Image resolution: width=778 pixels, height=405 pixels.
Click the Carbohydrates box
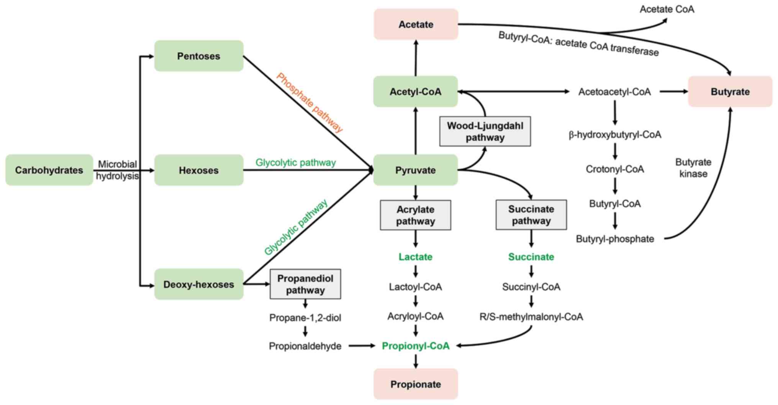(49, 170)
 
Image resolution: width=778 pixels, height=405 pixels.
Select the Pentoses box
(198, 56)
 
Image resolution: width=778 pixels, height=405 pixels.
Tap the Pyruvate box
(415, 170)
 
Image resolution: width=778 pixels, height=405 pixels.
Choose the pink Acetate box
(416, 25)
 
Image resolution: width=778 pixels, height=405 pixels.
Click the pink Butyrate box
(730, 92)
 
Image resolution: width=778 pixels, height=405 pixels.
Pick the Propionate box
(416, 384)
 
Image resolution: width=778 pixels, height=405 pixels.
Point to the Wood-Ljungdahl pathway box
(485, 132)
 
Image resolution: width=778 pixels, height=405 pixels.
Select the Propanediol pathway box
(305, 284)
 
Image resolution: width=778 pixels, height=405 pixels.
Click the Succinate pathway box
(531, 215)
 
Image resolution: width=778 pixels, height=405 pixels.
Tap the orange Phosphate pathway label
(310, 102)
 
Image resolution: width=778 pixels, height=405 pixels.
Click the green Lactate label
(415, 257)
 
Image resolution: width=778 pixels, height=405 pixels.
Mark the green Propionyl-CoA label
(416, 346)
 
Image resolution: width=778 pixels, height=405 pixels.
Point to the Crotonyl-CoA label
(614, 169)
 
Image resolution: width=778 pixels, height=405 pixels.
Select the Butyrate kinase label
(693, 168)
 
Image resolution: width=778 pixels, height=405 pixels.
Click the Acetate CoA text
(667, 9)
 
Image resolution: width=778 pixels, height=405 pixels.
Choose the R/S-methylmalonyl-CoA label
(531, 317)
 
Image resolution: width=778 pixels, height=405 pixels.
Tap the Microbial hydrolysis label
(117, 170)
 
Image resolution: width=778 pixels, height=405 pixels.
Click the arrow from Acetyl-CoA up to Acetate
(416, 58)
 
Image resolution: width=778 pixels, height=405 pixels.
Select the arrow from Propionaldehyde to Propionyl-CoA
(361, 346)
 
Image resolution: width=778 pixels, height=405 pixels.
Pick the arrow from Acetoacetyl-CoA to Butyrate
(673, 92)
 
